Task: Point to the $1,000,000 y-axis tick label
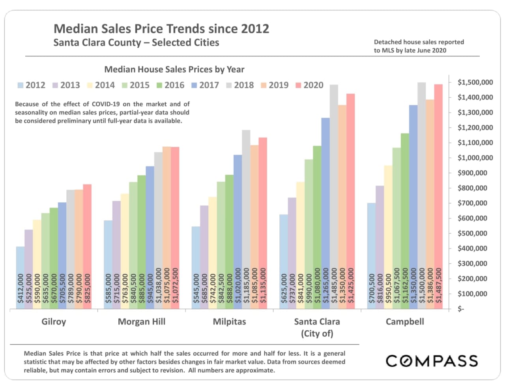[x=475, y=158]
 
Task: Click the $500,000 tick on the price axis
[x=475, y=233]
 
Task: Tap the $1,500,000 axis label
[x=475, y=82]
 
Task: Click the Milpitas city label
[x=229, y=322]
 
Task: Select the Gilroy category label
[x=54, y=322]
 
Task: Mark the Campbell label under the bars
[x=405, y=322]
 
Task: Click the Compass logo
[x=432, y=361]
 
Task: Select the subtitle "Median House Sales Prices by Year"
[x=174, y=69]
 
